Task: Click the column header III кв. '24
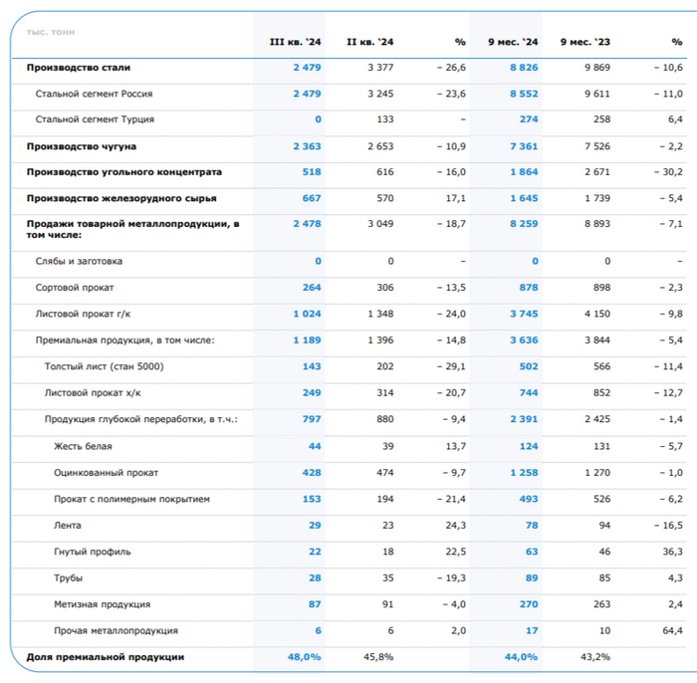296,42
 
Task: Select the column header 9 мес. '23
585,42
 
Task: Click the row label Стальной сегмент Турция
95,119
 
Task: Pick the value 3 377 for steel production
380,68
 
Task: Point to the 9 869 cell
594,68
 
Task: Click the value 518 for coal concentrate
312,171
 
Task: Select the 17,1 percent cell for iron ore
456,197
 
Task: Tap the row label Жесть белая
82,446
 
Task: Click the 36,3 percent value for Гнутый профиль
672,552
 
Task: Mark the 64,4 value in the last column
672,630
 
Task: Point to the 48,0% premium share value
305,657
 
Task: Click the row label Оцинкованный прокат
107,472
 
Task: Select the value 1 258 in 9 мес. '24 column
523,472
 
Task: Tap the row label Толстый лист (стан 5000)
105,366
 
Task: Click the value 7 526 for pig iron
594,145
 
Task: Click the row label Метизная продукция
103,604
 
